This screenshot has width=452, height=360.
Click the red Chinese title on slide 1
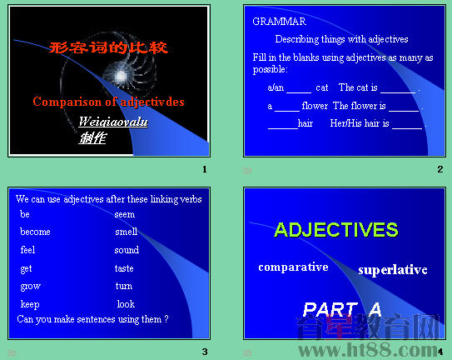coord(109,47)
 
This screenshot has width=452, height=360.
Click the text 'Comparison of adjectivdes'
coord(108,102)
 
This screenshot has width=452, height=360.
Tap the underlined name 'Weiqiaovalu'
coord(113,122)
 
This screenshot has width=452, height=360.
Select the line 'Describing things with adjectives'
coord(341,39)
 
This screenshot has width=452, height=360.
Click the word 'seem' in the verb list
coord(125,214)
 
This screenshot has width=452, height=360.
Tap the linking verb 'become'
coord(35,232)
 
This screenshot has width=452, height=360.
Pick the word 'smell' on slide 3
coord(126,232)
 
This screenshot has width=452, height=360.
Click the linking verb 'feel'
coord(28,250)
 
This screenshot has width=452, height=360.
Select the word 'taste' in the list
coord(124,268)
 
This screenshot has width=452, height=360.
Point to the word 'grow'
coord(30,286)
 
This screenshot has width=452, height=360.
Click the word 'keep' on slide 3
coord(30,304)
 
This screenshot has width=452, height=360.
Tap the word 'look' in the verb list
coord(126,304)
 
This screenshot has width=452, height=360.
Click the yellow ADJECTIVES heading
coord(336,230)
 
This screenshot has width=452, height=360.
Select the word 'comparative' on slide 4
coord(293,267)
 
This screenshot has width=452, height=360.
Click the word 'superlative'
coord(393,270)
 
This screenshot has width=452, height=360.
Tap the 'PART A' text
coord(342,309)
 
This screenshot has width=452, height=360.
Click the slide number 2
coord(440,170)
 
